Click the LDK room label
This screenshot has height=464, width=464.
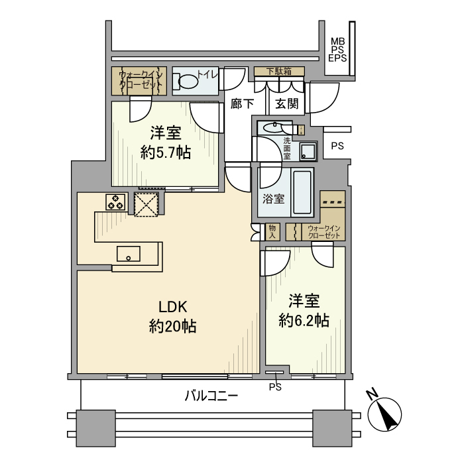tap(173, 307)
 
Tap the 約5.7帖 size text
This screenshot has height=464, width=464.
tap(166, 153)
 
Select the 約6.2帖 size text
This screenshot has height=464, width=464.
tap(304, 320)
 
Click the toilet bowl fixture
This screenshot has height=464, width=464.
tap(186, 81)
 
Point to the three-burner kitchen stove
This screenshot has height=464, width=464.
tap(115, 202)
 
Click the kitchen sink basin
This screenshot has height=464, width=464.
tap(129, 254)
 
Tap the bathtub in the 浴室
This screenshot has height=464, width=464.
tap(302, 192)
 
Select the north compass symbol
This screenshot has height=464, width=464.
tap(384, 412)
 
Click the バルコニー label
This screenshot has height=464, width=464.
tap(211, 396)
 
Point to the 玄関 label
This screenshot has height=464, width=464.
tap(287, 103)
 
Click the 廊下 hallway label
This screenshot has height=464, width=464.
tap(242, 103)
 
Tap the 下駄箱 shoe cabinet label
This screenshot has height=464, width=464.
tap(279, 71)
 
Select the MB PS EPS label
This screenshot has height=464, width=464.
tap(337, 50)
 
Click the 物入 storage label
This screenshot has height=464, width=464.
tap(272, 231)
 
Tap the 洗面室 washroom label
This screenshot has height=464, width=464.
tap(287, 148)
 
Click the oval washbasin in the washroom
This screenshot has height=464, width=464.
tap(272, 128)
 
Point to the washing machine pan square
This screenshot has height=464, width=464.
tap(308, 151)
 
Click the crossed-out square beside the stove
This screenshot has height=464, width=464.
tap(146, 204)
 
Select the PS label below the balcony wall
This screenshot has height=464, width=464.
tap(275, 386)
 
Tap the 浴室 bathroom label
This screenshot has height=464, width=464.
tap(273, 199)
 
